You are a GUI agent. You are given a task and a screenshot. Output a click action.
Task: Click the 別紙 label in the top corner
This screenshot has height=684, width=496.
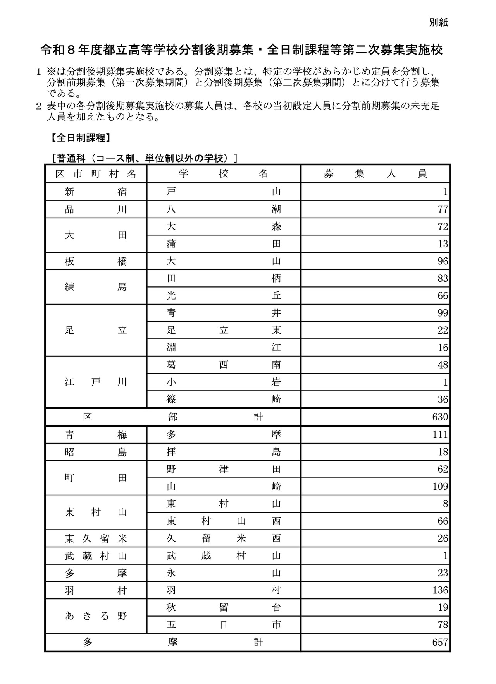[438, 23]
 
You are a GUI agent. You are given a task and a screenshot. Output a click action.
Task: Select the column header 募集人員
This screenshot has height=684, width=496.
[375, 174]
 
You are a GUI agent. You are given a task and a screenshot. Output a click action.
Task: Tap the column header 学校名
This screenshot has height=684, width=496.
[224, 174]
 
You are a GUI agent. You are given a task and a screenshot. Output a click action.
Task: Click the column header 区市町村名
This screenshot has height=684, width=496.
[96, 174]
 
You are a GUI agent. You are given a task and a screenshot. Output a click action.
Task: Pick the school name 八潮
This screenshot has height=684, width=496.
[224, 209]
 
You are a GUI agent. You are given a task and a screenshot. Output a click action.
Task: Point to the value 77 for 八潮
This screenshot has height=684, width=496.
[443, 209]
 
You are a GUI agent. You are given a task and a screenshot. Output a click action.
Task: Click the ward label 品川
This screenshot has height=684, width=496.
[96, 209]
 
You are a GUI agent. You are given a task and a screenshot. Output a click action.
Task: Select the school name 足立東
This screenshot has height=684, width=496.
[224, 330]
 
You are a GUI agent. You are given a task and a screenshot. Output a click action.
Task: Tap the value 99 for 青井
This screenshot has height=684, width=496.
[443, 313]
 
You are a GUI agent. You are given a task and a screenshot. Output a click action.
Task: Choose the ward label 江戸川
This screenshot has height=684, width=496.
[96, 382]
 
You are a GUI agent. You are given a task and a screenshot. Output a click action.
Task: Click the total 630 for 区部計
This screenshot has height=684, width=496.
[440, 417]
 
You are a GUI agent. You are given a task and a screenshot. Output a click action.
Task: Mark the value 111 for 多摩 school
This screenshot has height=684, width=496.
[440, 435]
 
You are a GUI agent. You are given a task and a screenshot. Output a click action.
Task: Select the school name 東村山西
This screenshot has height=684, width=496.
[224, 521]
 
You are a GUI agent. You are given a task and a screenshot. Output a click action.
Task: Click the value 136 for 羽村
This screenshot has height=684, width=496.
[440, 590]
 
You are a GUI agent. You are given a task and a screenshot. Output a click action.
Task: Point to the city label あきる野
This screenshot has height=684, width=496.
[96, 616]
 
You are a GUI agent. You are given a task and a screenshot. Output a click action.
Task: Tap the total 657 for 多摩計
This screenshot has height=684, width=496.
[440, 643]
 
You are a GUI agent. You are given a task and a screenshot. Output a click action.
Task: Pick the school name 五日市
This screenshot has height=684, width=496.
[224, 625]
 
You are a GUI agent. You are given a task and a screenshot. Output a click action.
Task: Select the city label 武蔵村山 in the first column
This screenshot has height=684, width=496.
[96, 556]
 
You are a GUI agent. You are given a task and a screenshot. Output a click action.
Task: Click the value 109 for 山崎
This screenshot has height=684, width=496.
[440, 487]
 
